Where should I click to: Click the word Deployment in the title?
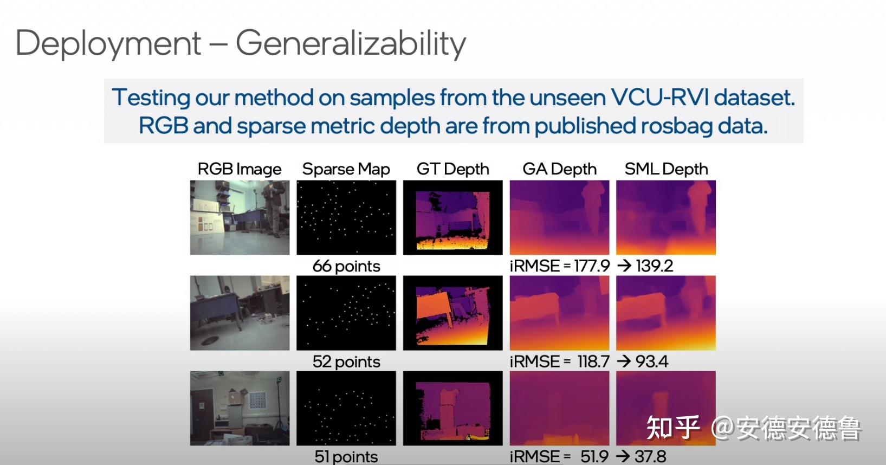tap(108, 44)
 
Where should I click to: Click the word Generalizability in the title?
tap(351, 44)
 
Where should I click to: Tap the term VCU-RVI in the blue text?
tap(659, 97)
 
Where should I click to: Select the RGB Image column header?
tap(240, 169)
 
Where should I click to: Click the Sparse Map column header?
tap(346, 169)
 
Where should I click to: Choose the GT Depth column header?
tap(453, 169)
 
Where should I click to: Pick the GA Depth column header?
tap(559, 169)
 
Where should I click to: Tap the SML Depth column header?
tap(666, 169)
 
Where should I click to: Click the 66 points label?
tap(346, 266)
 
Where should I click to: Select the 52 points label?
tap(346, 361)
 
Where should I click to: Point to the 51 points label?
tap(346, 457)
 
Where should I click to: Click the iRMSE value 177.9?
tap(592, 266)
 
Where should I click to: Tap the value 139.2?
tap(654, 266)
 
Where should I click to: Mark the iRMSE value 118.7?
tap(593, 361)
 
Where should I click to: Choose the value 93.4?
tap(652, 361)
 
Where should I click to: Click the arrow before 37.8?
tap(623, 456)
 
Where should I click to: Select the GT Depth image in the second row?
tap(453, 313)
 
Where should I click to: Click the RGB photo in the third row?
tap(240, 409)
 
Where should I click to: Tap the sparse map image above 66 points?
tap(346, 218)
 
